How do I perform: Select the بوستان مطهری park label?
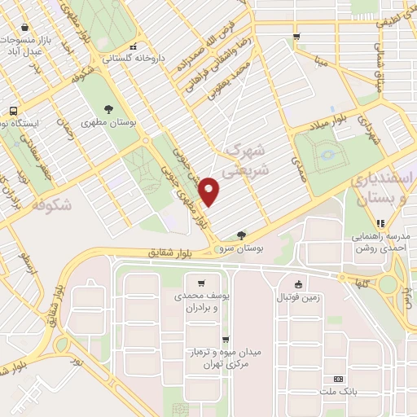click(110, 122)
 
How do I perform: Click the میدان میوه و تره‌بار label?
click(229, 357)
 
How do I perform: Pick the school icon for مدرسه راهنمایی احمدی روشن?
click(380, 223)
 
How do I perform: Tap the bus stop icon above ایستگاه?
click(13, 111)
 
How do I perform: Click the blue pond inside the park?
click(327, 152)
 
